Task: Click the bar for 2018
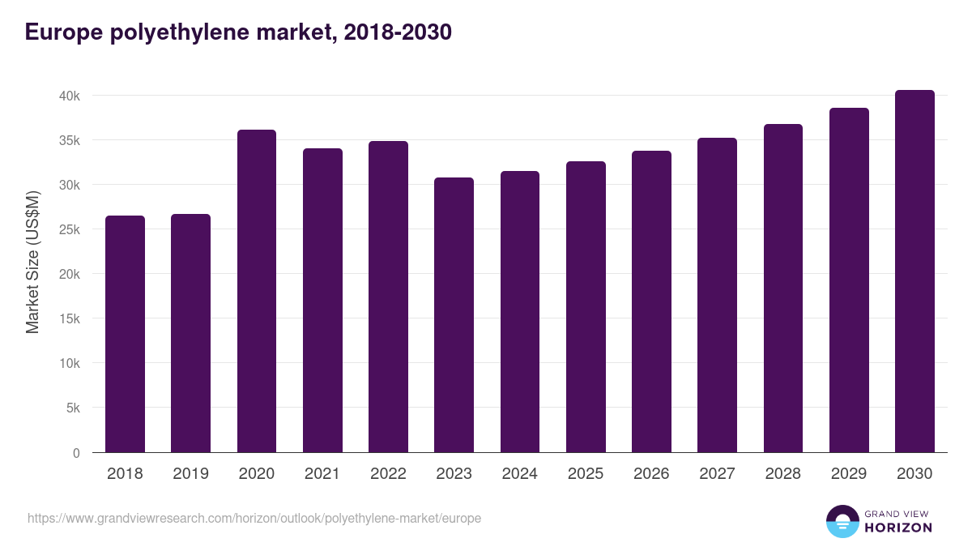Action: tap(125, 334)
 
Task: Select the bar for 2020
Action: tap(257, 291)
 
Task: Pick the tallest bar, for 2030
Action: tap(914, 271)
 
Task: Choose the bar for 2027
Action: tap(717, 295)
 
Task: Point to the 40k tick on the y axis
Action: tap(69, 96)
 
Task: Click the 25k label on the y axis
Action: tap(69, 229)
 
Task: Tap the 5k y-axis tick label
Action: tap(72, 408)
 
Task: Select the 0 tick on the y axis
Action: tap(76, 453)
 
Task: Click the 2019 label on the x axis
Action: tap(190, 474)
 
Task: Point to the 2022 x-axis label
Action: tap(388, 474)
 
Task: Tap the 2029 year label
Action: tap(849, 474)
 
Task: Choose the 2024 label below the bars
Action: tap(519, 474)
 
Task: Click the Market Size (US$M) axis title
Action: tap(32, 262)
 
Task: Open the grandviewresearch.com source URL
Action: tap(254, 518)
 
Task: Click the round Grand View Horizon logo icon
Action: tap(842, 521)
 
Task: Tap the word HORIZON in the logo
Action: tap(898, 528)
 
